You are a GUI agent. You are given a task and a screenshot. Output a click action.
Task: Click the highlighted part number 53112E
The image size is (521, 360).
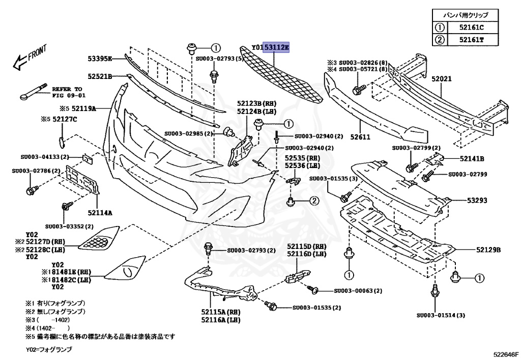click(x=276, y=48)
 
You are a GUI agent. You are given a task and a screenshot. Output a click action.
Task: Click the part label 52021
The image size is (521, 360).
click(x=442, y=79)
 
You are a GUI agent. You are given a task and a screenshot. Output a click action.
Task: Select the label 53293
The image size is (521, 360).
click(x=477, y=201)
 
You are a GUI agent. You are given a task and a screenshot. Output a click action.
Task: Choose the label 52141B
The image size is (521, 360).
click(x=472, y=158)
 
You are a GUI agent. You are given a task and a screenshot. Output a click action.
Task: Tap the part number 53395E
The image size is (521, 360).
click(x=99, y=59)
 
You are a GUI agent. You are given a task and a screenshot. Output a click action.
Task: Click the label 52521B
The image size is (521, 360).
click(x=99, y=76)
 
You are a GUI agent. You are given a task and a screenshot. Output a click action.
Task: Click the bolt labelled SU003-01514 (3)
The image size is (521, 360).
click(x=441, y=316)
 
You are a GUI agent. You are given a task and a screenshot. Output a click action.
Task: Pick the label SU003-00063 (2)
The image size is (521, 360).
click(x=358, y=291)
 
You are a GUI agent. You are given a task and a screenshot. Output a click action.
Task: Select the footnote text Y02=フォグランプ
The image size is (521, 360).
click(x=49, y=350)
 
